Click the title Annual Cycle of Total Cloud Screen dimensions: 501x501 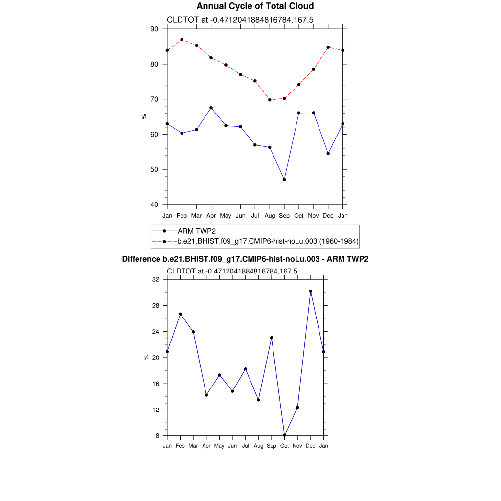(x=255, y=6)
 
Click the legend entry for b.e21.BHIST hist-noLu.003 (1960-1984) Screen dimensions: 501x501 (x=268, y=241)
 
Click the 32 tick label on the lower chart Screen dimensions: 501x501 (x=156, y=279)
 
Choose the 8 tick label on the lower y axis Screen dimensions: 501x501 (x=158, y=435)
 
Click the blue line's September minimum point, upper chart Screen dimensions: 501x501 (x=284, y=180)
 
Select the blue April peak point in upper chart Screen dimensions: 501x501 (x=211, y=108)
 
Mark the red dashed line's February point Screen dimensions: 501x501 (x=182, y=39)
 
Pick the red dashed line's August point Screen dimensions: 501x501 (x=270, y=100)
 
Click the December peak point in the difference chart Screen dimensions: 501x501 (x=311, y=291)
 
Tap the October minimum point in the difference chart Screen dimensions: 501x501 (x=284, y=435)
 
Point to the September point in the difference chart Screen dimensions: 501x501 (x=272, y=338)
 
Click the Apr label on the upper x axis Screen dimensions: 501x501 (x=211, y=216)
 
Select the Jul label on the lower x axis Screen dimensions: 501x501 (x=246, y=446)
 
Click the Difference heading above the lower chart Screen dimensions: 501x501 (x=245, y=259)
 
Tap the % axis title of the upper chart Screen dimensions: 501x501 (x=144, y=116)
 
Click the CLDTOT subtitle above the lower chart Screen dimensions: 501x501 (x=232, y=271)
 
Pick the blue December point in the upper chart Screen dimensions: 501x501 (x=328, y=153)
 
